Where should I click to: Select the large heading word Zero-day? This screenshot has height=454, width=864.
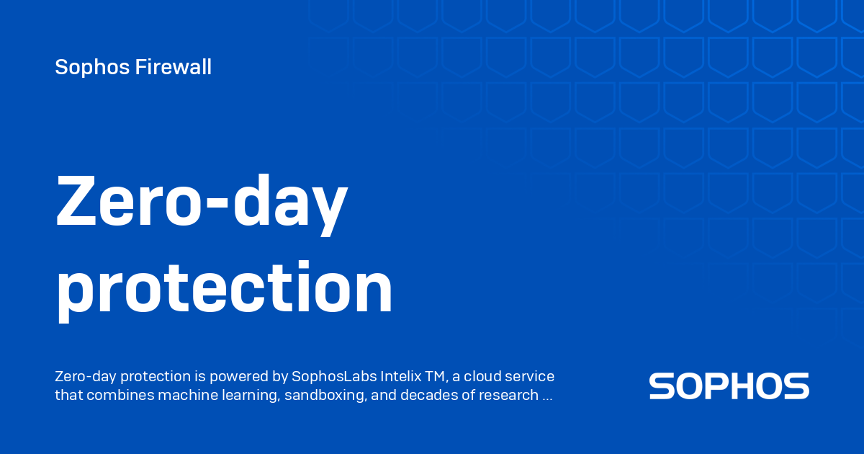(x=201, y=202)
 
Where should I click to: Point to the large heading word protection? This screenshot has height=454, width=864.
(x=224, y=288)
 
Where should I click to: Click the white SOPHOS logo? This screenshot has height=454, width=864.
(x=729, y=386)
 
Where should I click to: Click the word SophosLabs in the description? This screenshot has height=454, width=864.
(x=328, y=377)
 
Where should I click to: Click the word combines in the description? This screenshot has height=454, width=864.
(x=113, y=395)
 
